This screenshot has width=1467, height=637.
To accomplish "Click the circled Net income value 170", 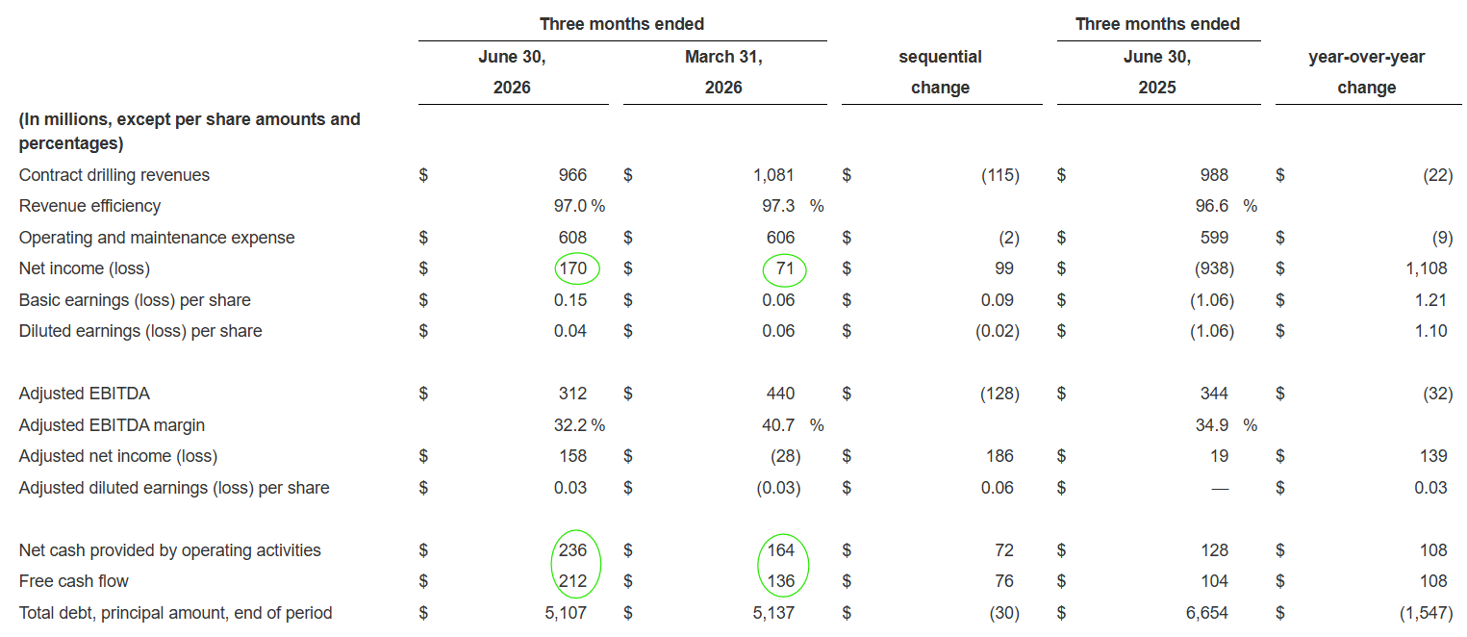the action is point(573,268).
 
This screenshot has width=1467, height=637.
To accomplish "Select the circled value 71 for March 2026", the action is point(785,268).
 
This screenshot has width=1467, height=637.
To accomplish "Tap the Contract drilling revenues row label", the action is point(114,175).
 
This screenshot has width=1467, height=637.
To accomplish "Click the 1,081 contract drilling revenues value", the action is point(773,175).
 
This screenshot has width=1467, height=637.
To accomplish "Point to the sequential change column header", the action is point(941,72).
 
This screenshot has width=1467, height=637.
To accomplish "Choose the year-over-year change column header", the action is point(1367,72).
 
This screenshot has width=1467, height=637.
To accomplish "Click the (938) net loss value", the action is point(1214,268).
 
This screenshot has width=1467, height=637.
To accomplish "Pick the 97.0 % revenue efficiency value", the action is point(580,206).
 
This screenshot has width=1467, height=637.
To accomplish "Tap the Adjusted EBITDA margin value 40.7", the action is point(778,425).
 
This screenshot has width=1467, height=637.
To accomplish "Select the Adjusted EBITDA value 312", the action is point(573,394).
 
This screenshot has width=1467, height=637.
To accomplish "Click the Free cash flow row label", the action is point(74,581).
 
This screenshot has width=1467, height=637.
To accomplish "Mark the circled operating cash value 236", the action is point(573,549).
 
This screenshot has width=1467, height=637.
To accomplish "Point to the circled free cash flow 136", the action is point(781,581).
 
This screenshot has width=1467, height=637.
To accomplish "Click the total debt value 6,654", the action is point(1207,613).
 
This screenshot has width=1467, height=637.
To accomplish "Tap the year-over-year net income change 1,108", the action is point(1427,268).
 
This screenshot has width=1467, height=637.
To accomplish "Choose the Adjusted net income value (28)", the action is point(785,456).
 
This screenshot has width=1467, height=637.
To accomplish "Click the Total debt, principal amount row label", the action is point(175,613).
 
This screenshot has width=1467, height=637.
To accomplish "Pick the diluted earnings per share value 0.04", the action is point(570,331).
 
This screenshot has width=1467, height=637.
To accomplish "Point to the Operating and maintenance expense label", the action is point(157,238).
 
